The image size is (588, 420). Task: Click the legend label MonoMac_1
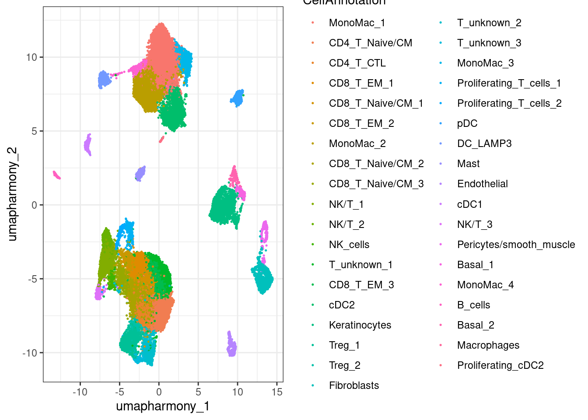pos(357,23)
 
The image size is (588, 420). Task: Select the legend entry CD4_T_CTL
pos(357,63)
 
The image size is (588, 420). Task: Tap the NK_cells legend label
pos(349,245)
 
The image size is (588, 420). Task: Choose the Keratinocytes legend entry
pos(360,325)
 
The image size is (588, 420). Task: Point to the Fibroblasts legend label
pos(353,385)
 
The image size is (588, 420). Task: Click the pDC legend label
pos(467,123)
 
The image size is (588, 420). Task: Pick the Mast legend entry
pos(468,164)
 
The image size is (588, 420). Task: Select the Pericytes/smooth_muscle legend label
pos(516,245)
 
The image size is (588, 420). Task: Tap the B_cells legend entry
pos(473,305)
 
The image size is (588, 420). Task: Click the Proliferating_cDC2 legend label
pos(500,365)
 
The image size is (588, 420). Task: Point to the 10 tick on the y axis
pos(31,57)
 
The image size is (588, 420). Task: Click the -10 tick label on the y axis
pos(30,353)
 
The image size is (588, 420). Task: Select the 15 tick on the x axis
pos(277,392)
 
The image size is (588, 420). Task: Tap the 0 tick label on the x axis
pos(159,392)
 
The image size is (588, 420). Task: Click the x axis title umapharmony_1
pos(163,406)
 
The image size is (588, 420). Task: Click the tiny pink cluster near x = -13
pos(56,175)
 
